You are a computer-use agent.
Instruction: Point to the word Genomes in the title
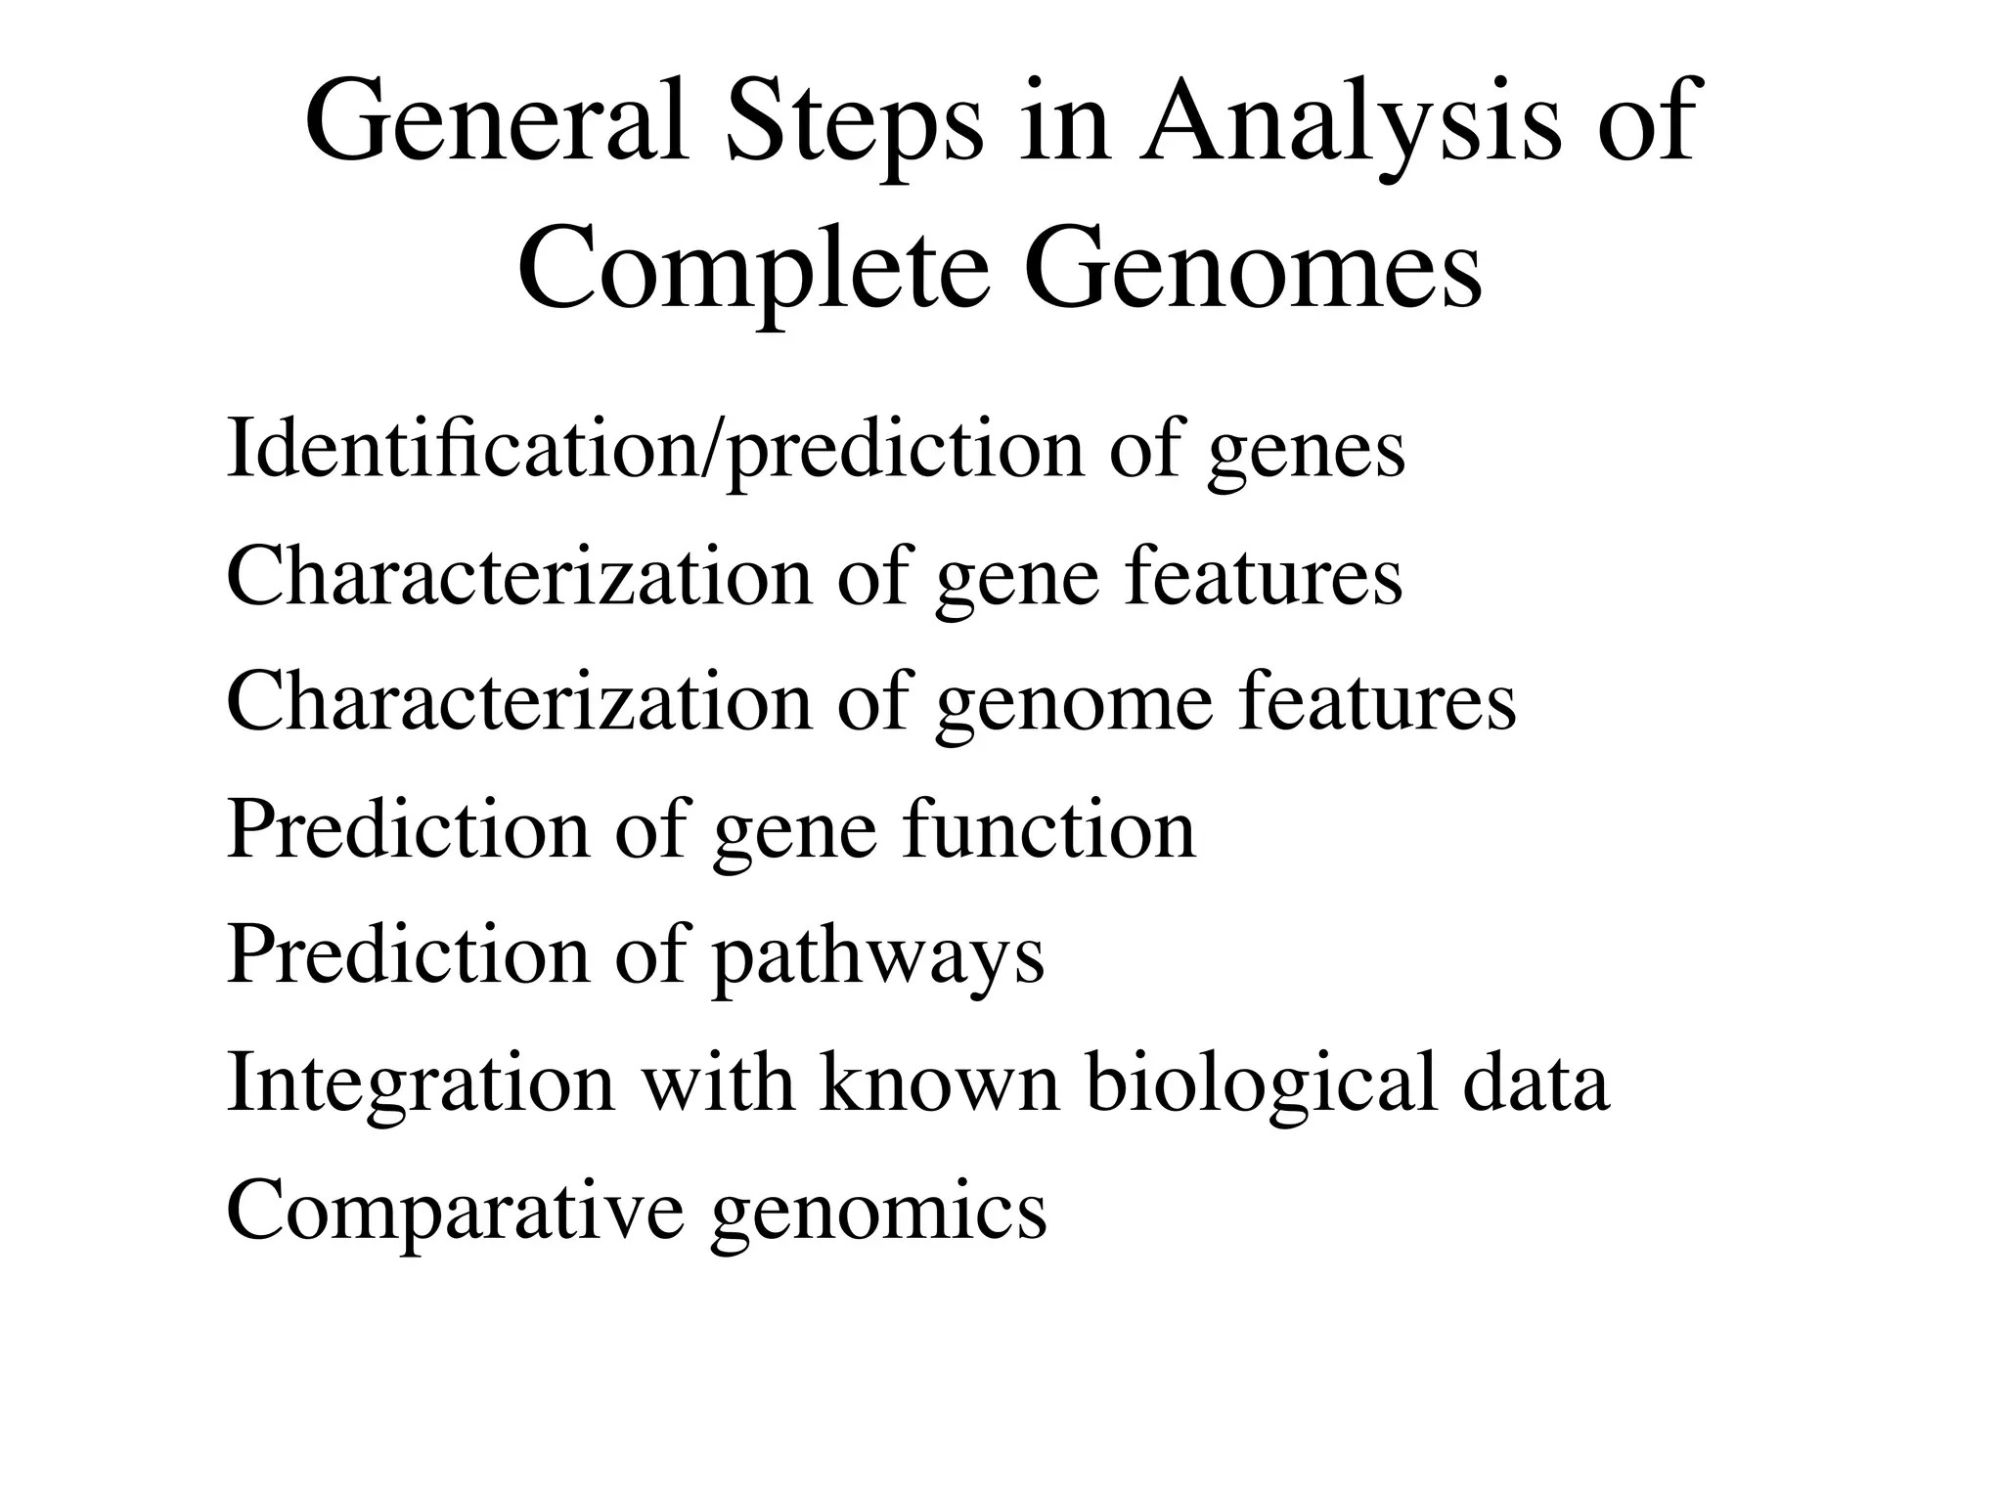1253,266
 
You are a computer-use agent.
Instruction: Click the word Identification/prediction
655,451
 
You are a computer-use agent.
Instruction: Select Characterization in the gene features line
519,576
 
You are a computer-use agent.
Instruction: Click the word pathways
878,958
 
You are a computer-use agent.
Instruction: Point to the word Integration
422,1085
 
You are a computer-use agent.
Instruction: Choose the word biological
1262,1085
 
